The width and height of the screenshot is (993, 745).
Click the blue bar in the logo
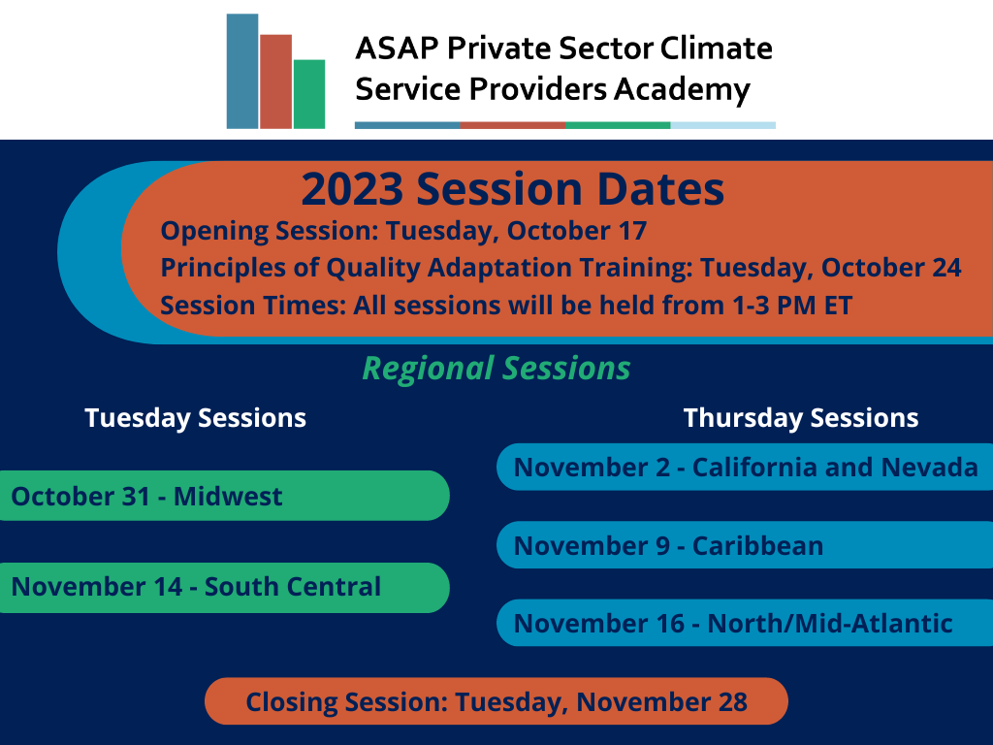[242, 71]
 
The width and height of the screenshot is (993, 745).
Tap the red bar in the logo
[276, 81]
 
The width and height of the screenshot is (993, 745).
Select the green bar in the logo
[309, 94]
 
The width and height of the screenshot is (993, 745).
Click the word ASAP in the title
[397, 49]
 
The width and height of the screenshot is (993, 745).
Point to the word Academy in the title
[683, 90]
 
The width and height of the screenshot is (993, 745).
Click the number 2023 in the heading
[352, 189]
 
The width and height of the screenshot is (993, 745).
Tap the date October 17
[577, 231]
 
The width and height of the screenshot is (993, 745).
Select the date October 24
[892, 268]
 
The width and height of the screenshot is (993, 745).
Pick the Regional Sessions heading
[496, 368]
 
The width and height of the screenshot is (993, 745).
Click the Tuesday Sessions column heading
[196, 418]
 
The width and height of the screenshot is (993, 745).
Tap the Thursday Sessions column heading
[801, 418]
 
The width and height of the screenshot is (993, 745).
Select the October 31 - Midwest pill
[224, 496]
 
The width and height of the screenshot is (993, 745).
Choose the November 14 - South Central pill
[224, 587]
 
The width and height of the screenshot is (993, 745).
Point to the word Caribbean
[758, 545]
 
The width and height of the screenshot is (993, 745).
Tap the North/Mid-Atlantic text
[830, 624]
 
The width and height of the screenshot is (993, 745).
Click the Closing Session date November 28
[662, 702]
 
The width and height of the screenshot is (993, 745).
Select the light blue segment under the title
[723, 125]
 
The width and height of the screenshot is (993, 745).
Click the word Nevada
[930, 468]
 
